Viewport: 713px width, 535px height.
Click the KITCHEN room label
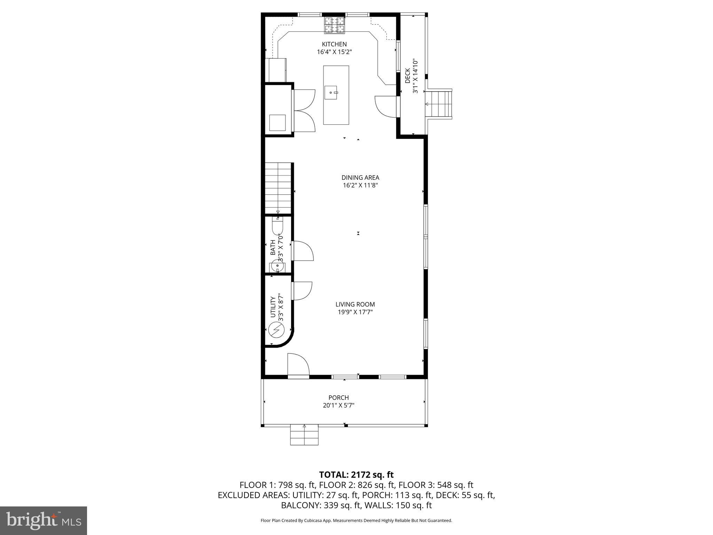[334, 44]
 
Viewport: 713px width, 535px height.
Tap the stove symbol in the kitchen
[335, 25]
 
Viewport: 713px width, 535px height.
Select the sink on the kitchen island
[331, 93]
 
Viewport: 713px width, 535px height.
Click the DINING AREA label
[360, 178]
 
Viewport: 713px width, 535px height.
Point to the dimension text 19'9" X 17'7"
[355, 312]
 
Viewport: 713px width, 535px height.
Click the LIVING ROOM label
[355, 304]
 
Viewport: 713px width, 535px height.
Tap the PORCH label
[338, 397]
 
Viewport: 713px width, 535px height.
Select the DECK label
[407, 76]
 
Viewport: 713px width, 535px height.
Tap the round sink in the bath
[277, 267]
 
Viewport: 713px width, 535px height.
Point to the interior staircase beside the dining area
[278, 188]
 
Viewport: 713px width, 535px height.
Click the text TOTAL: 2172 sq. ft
[356, 474]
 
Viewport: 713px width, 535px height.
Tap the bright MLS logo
[44, 520]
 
